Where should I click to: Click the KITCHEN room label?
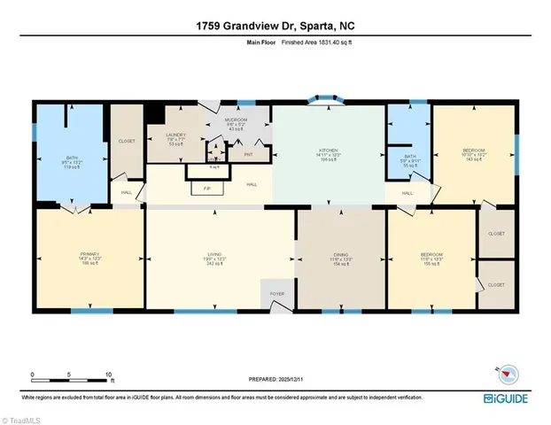pos(329,151)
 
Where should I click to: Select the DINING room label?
pos(340,255)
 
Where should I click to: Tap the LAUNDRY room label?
pos(176,135)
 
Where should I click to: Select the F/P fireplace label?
pos(206,189)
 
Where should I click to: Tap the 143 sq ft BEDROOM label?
pos(474,151)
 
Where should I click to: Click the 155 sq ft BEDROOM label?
pos(431,255)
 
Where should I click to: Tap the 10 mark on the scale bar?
pos(108,375)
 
